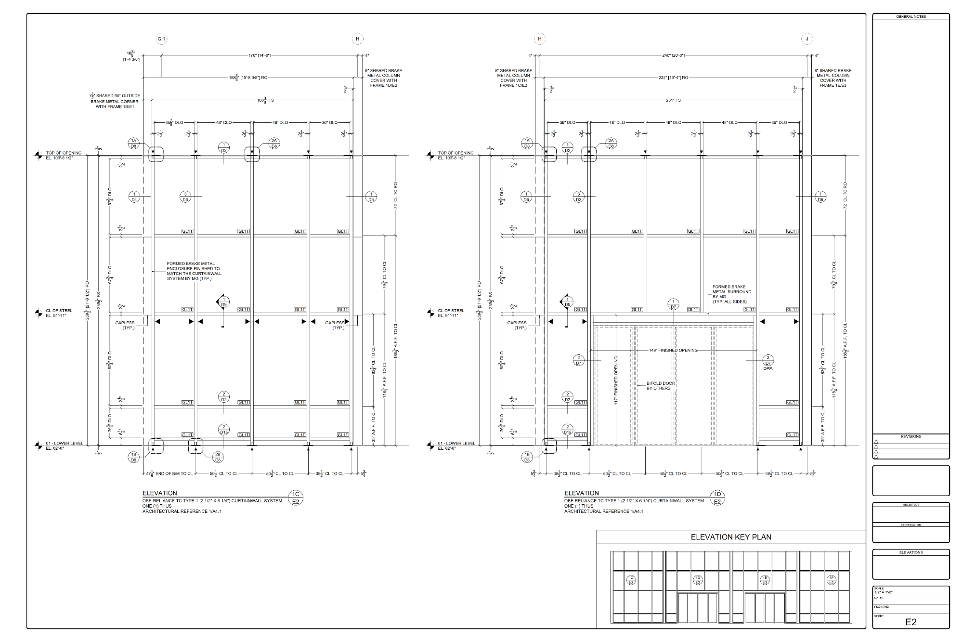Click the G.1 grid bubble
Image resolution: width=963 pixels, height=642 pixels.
pyautogui.click(x=161, y=39)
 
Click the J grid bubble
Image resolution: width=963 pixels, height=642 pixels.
pyautogui.click(x=807, y=39)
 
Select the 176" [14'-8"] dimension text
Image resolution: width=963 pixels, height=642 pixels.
pyautogui.click(x=259, y=55)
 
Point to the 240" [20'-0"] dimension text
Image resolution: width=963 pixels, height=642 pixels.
pyautogui.click(x=673, y=55)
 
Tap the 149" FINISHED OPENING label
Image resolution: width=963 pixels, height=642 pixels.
pyautogui.click(x=673, y=350)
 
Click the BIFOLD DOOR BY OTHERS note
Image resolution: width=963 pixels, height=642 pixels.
pyautogui.click(x=661, y=386)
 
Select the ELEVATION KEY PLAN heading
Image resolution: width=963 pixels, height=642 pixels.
pyautogui.click(x=730, y=537)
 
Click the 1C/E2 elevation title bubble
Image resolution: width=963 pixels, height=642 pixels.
pyautogui.click(x=296, y=498)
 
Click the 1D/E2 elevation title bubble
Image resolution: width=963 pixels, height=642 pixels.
pyautogui.click(x=717, y=498)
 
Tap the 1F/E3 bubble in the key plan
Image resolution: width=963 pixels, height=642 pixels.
pyautogui.click(x=831, y=580)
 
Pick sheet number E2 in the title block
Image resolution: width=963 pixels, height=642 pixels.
pyautogui.click(x=911, y=622)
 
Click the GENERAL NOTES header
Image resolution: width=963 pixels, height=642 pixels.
pyautogui.click(x=911, y=17)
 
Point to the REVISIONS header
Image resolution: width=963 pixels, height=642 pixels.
pyautogui.click(x=911, y=436)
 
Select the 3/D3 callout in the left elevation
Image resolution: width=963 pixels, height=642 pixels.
pyautogui.click(x=185, y=197)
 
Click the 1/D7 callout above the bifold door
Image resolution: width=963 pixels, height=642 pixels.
pyautogui.click(x=673, y=304)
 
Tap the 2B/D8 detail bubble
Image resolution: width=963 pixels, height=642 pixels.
pyautogui.click(x=218, y=457)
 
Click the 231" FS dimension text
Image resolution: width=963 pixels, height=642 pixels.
pyautogui.click(x=673, y=100)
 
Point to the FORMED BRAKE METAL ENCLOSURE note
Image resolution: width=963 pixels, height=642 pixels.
pyautogui.click(x=194, y=271)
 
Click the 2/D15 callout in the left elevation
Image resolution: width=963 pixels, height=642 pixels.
pyautogui.click(x=223, y=429)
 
